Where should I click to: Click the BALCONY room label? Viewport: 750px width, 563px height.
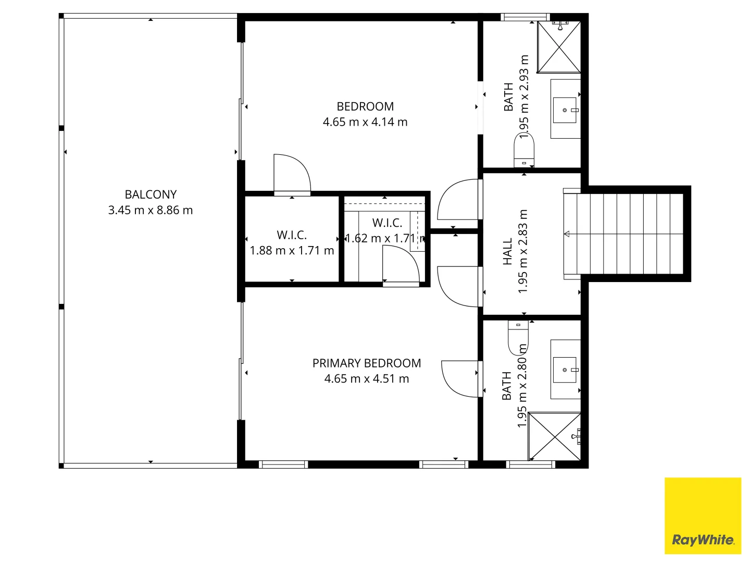pyautogui.click(x=151, y=194)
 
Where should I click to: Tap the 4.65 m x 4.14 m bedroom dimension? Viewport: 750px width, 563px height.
pyautogui.click(x=365, y=122)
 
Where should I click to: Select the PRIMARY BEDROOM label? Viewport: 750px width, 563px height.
pyautogui.click(x=366, y=363)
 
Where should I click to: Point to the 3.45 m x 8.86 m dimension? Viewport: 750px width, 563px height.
pyautogui.click(x=151, y=210)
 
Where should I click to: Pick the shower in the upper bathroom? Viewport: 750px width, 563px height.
pyautogui.click(x=559, y=47)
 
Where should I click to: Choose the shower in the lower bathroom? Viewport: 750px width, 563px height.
pyautogui.click(x=554, y=436)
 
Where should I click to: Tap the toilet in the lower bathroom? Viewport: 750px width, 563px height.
pyautogui.click(x=518, y=338)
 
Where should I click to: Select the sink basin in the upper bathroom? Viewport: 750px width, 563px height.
pyautogui.click(x=565, y=110)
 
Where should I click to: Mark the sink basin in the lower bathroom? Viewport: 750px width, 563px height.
pyautogui.click(x=565, y=370)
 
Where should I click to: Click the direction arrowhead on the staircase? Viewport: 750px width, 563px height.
pyautogui.click(x=567, y=234)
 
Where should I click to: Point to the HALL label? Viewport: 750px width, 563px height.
pyautogui.click(x=507, y=252)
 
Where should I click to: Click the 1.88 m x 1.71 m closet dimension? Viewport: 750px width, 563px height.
pyautogui.click(x=292, y=251)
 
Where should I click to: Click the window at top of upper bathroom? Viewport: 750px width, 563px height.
pyautogui.click(x=525, y=17)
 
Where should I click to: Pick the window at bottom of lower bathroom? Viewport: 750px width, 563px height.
pyautogui.click(x=531, y=464)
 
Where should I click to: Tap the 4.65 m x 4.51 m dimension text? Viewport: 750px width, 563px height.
pyautogui.click(x=367, y=379)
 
